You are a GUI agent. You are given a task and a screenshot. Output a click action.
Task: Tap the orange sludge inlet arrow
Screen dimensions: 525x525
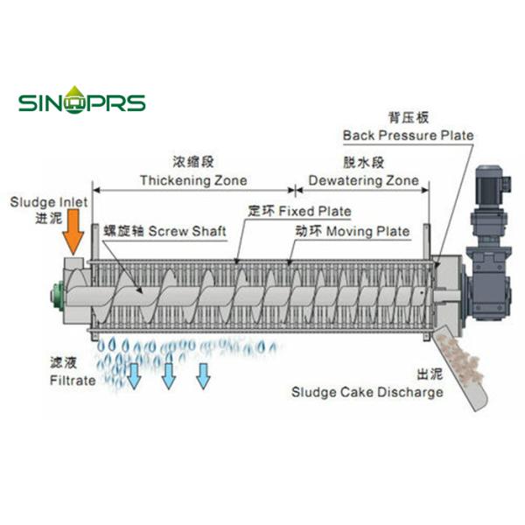click(x=74, y=230)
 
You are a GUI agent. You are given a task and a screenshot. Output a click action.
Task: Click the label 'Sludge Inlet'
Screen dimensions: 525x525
click(x=49, y=201)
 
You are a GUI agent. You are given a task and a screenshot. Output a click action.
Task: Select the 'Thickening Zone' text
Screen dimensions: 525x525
click(x=193, y=180)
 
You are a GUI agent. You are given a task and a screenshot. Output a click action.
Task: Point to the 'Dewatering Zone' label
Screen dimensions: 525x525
click(x=361, y=180)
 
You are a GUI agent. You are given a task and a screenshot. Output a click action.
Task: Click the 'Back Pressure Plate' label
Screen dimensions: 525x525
click(x=408, y=136)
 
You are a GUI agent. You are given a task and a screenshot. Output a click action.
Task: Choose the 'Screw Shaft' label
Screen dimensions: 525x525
click(x=186, y=231)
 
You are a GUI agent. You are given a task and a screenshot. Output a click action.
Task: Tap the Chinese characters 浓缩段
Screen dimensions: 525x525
click(x=194, y=162)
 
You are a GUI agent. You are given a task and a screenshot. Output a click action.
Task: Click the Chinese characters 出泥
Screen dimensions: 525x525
click(x=428, y=374)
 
